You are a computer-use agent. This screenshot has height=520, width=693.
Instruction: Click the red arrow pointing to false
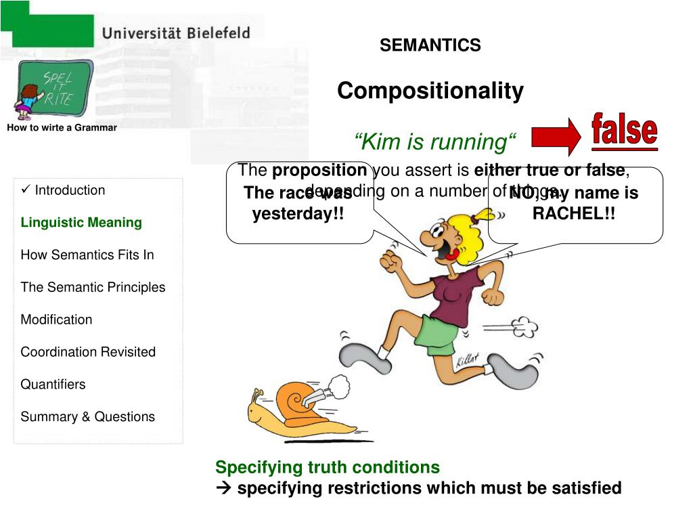point(556,137)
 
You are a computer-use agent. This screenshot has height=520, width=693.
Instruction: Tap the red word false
point(624,131)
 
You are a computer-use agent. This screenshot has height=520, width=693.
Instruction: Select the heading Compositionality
point(430,91)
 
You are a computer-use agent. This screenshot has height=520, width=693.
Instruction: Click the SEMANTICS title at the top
point(430,45)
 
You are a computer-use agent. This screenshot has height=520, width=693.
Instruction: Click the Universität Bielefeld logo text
point(177,32)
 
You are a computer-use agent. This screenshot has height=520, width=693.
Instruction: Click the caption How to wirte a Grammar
point(62,127)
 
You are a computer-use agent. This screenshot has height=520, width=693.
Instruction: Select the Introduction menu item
point(69,190)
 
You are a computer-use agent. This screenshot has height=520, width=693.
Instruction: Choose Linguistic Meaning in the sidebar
point(81,223)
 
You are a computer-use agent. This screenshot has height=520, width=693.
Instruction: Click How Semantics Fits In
point(87,255)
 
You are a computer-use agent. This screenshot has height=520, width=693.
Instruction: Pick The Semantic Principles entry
point(93,287)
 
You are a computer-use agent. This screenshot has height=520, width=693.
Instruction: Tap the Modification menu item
point(56,320)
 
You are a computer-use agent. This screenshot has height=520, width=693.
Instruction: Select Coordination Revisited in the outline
point(88,352)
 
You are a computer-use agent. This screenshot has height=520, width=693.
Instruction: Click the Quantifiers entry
point(53,385)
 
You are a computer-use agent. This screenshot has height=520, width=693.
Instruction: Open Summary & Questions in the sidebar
point(87,417)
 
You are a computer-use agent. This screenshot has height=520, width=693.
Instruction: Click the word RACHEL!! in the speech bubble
point(574,214)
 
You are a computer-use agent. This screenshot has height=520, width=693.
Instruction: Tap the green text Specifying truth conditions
point(328,467)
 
